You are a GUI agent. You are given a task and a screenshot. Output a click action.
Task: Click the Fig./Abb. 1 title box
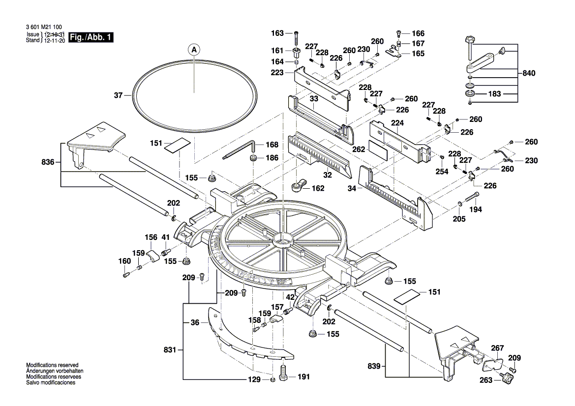[x=91, y=37]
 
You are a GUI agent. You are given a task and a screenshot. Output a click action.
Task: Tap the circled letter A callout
[x=194, y=50]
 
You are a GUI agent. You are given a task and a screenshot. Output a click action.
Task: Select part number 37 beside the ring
[x=118, y=95]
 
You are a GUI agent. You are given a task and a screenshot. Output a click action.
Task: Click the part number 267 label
[x=498, y=348]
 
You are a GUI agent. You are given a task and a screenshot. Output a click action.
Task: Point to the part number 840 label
[x=529, y=73]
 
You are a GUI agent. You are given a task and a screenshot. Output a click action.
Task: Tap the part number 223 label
[x=277, y=73]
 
